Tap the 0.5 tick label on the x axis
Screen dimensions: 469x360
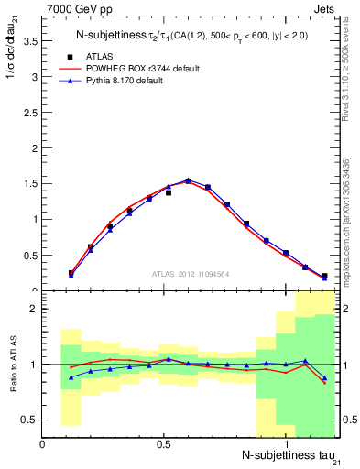165,442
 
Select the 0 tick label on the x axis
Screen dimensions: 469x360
43,442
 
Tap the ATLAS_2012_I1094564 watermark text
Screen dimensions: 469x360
191,273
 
